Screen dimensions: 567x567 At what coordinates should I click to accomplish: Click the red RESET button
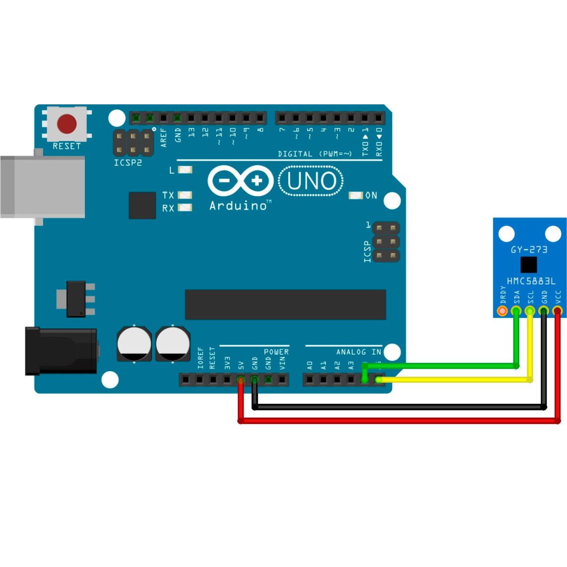pos(67,124)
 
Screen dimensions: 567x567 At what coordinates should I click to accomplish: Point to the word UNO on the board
pos(312,181)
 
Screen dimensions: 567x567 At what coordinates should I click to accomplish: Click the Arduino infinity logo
pos(241,180)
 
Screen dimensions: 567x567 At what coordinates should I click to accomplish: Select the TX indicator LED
pos(185,195)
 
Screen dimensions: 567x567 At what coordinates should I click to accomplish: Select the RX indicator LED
pos(185,208)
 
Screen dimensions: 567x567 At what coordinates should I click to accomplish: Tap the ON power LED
pos(356,195)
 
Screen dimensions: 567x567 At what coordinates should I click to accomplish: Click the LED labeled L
pos(185,170)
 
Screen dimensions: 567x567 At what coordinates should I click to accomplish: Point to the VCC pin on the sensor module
pos(558,311)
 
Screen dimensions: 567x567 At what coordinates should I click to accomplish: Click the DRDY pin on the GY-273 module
pos(502,311)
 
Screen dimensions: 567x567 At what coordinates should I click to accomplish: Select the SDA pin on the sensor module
pos(516,311)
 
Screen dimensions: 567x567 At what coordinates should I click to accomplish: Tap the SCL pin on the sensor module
pos(530,311)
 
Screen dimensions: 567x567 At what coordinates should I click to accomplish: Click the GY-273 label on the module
pos(529,249)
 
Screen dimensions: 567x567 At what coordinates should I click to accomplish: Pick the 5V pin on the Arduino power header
pos(241,380)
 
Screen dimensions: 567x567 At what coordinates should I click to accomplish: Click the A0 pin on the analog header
pos(310,380)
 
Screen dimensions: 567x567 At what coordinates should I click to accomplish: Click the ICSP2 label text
pos(128,162)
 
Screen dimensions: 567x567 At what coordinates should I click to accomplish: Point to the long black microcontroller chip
pos(285,305)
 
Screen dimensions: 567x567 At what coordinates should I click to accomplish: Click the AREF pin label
pos(164,137)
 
